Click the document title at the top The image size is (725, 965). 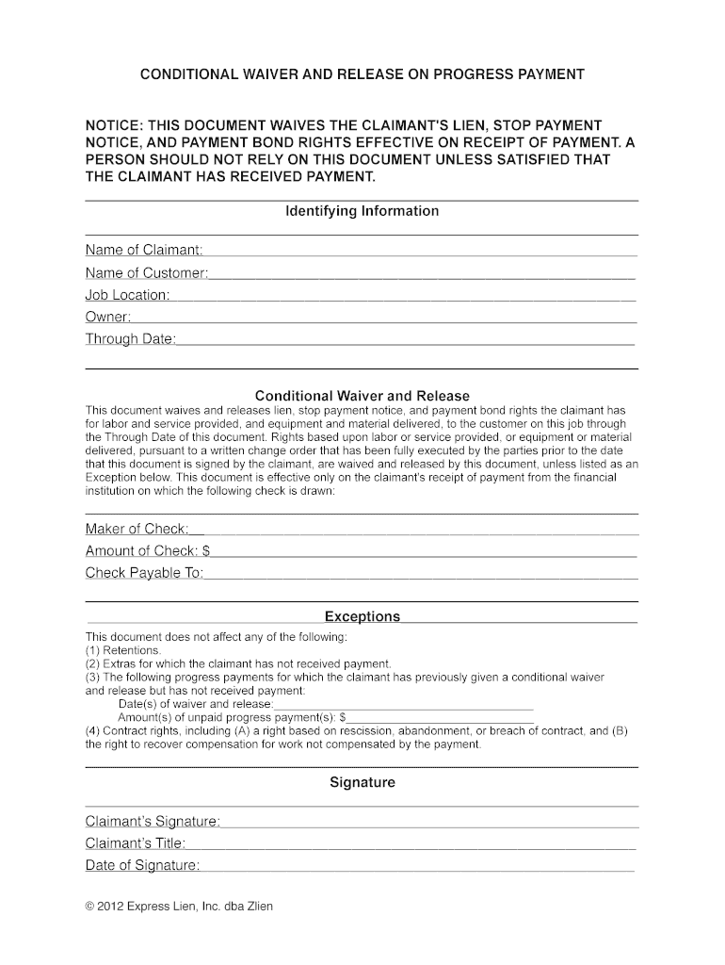pyautogui.click(x=362, y=74)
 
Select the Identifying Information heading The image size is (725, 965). pyautogui.click(x=362, y=211)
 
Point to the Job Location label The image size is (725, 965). pyautogui.click(x=127, y=295)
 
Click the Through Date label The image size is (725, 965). pyautogui.click(x=130, y=339)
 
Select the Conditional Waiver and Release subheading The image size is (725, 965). pyautogui.click(x=362, y=396)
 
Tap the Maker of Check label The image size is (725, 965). pyautogui.click(x=137, y=529)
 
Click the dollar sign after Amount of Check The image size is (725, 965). pyautogui.click(x=206, y=551)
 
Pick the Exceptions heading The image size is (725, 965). pyautogui.click(x=362, y=616)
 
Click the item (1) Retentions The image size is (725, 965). pyautogui.click(x=123, y=650)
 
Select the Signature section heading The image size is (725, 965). pyautogui.click(x=362, y=782)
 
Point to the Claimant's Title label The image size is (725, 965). pyautogui.click(x=135, y=843)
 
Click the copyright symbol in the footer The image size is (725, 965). pyautogui.click(x=89, y=907)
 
